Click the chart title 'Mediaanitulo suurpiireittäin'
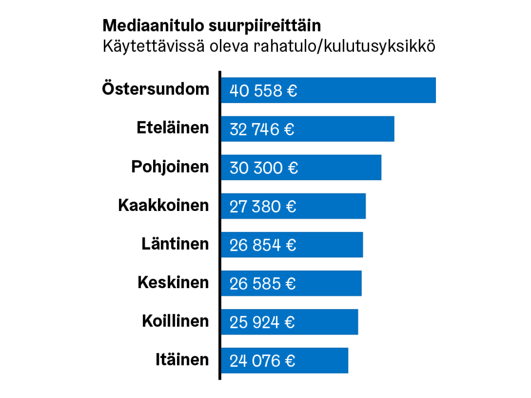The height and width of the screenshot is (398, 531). (212, 26)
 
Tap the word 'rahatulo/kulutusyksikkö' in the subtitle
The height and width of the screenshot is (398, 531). (344, 46)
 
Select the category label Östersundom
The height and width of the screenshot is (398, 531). (156, 89)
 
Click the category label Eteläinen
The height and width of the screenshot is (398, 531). (173, 128)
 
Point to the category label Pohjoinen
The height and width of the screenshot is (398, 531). (170, 167)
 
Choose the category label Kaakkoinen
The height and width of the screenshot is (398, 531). (163, 205)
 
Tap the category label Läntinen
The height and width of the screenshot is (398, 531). (175, 244)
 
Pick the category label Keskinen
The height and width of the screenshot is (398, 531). (173, 282)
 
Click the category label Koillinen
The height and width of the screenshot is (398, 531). (175, 321)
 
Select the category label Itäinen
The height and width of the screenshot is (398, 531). (182, 359)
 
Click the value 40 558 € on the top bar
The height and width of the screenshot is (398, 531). (263, 91)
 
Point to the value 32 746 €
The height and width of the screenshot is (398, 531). (262, 129)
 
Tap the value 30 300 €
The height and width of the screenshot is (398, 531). (264, 168)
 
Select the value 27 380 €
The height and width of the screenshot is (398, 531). (263, 207)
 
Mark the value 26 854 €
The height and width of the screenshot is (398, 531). (263, 245)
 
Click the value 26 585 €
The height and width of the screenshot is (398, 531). (262, 284)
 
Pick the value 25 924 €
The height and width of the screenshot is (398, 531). (262, 322)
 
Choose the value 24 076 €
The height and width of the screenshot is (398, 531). (262, 361)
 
